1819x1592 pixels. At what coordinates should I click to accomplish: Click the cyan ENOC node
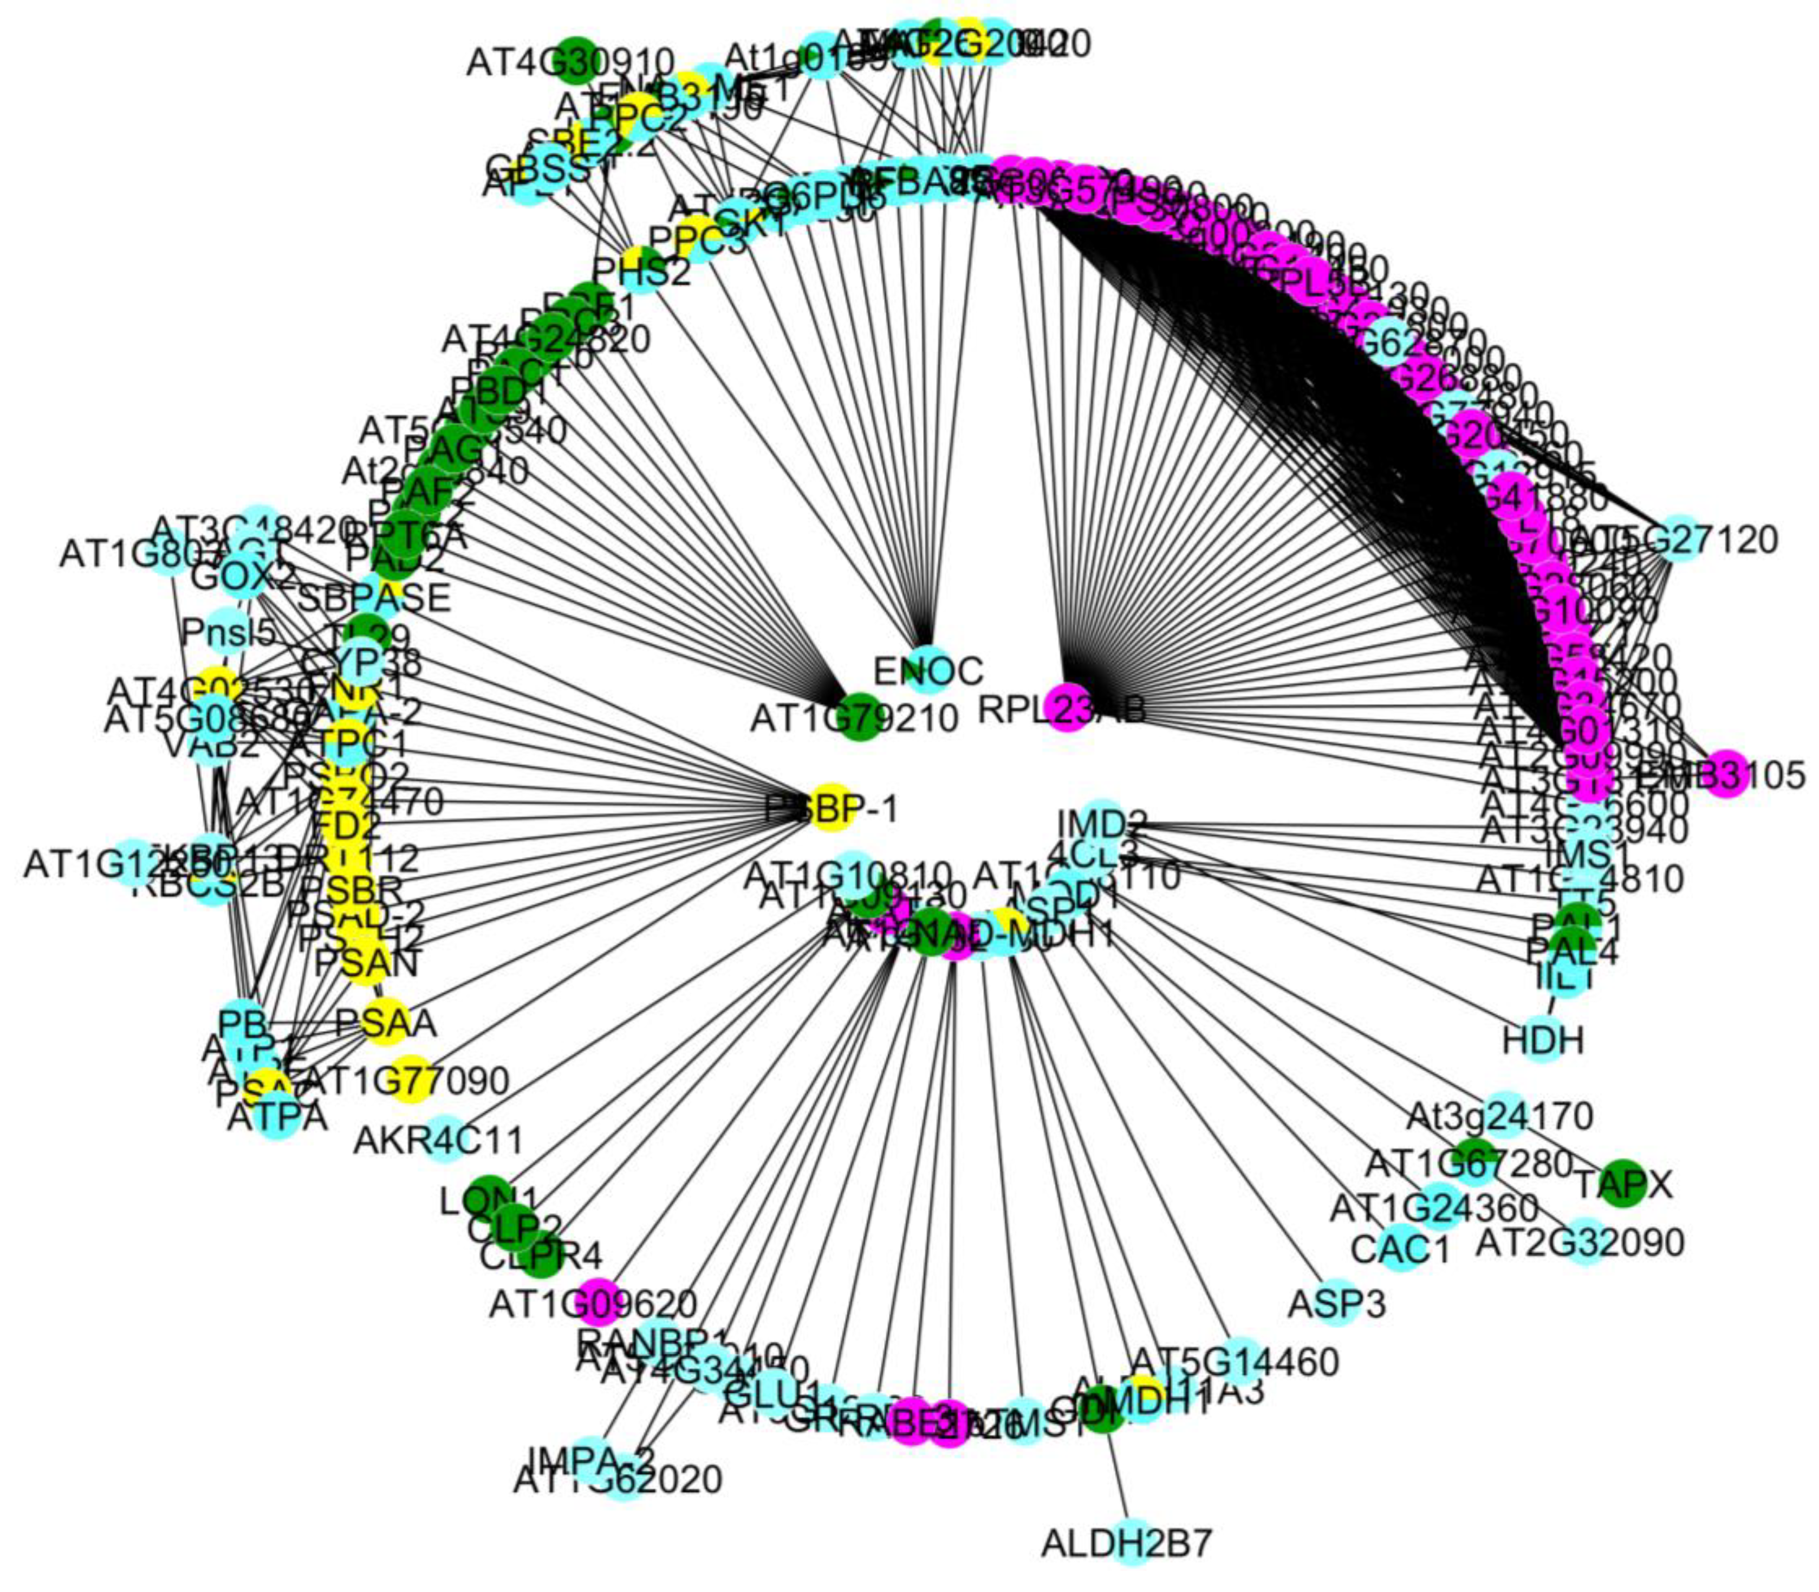tap(928, 669)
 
